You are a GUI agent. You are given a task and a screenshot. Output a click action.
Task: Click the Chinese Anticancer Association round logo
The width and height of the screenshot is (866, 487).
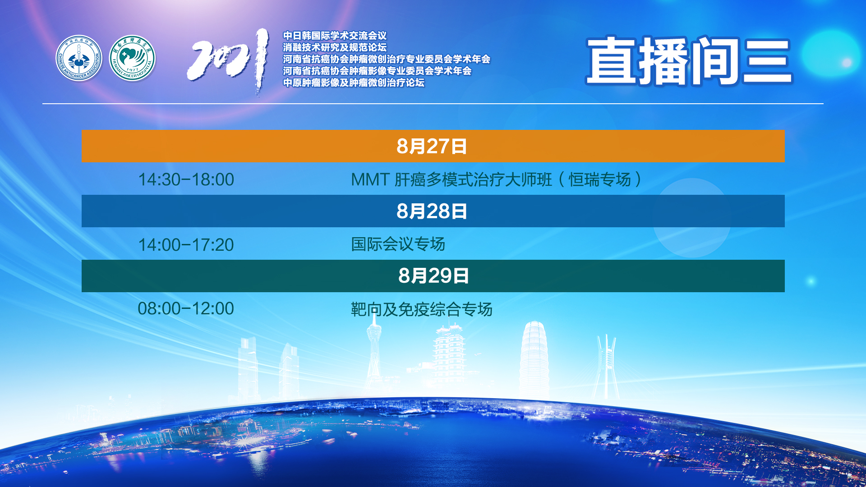[79, 58]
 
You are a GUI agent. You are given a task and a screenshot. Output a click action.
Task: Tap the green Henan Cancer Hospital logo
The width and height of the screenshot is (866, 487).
[132, 58]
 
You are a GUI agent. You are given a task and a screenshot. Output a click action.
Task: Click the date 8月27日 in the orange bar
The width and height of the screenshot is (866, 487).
[432, 146]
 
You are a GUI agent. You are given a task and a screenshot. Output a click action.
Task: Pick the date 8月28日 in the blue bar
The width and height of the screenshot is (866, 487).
[432, 211]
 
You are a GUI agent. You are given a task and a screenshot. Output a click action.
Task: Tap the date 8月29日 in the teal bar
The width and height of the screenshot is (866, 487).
[433, 276]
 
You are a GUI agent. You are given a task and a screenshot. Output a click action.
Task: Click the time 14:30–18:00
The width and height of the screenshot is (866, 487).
[186, 179]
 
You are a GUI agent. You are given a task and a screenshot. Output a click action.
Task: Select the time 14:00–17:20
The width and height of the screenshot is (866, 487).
[186, 245]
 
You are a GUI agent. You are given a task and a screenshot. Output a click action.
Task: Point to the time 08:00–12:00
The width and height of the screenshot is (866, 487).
[186, 308]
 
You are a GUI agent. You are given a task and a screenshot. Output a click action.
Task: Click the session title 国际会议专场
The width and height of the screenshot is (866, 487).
[398, 244]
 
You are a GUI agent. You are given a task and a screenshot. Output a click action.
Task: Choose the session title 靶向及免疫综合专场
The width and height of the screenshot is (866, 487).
[422, 309]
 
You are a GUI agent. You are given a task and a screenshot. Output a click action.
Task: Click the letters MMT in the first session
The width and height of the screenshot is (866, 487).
[370, 179]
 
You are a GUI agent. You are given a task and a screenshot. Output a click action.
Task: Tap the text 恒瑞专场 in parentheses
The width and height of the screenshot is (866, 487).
[599, 179]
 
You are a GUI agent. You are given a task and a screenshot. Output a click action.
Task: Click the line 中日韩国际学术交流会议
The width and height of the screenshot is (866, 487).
[335, 36]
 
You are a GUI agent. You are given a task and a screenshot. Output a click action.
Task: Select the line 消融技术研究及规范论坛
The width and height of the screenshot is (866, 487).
[335, 47]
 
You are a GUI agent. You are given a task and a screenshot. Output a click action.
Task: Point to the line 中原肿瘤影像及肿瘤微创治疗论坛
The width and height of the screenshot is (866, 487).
[354, 83]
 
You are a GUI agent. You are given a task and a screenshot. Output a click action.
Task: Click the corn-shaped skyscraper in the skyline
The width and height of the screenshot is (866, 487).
[534, 361]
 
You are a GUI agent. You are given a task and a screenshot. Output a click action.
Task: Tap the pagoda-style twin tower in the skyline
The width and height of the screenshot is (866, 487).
[450, 356]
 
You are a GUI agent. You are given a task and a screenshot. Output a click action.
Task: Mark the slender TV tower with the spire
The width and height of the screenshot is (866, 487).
[374, 352]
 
